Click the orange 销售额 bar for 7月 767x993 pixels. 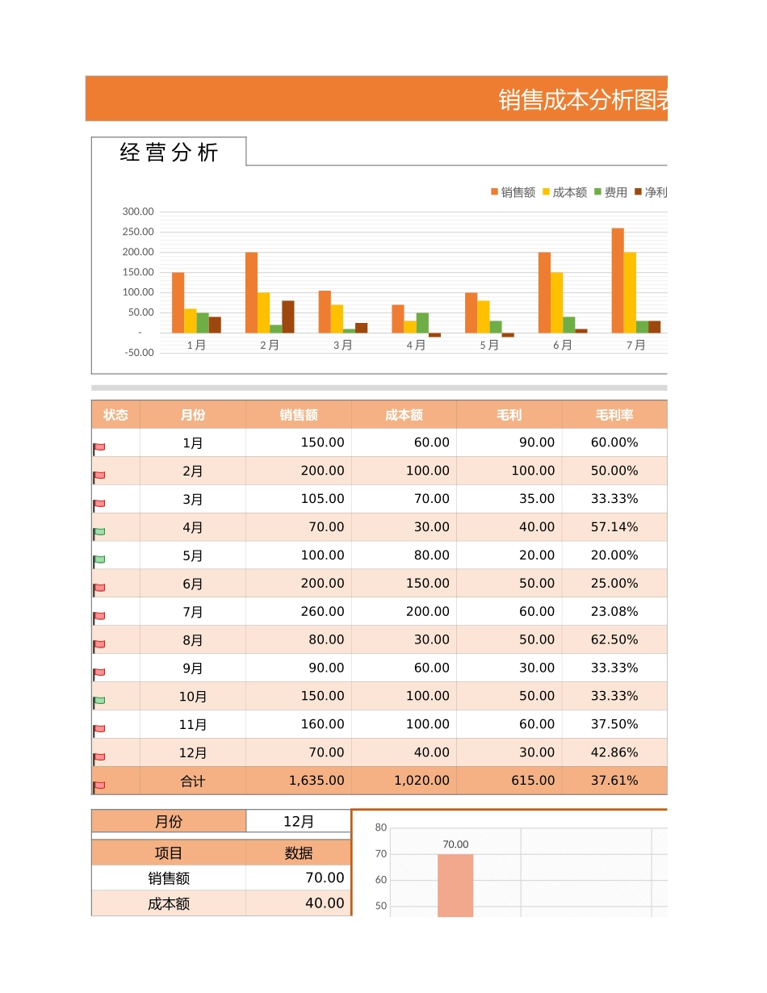(x=618, y=280)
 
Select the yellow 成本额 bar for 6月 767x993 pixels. (x=556, y=302)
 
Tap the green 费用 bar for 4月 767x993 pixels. (x=422, y=322)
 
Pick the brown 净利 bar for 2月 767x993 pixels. (x=287, y=316)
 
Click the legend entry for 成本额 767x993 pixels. (x=564, y=192)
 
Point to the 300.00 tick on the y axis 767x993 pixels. (x=138, y=212)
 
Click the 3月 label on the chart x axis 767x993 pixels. (x=342, y=346)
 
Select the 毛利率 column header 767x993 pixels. (x=614, y=415)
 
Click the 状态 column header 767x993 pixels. (x=115, y=415)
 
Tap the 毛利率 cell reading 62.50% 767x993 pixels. (x=614, y=639)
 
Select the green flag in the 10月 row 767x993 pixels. (x=99, y=700)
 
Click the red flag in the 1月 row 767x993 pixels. (x=99, y=446)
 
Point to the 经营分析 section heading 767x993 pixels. (x=169, y=153)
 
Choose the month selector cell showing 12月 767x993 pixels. (x=299, y=822)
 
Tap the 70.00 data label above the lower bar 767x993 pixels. (x=455, y=844)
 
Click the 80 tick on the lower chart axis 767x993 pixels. (x=381, y=827)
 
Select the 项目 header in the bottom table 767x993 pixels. (x=169, y=853)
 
